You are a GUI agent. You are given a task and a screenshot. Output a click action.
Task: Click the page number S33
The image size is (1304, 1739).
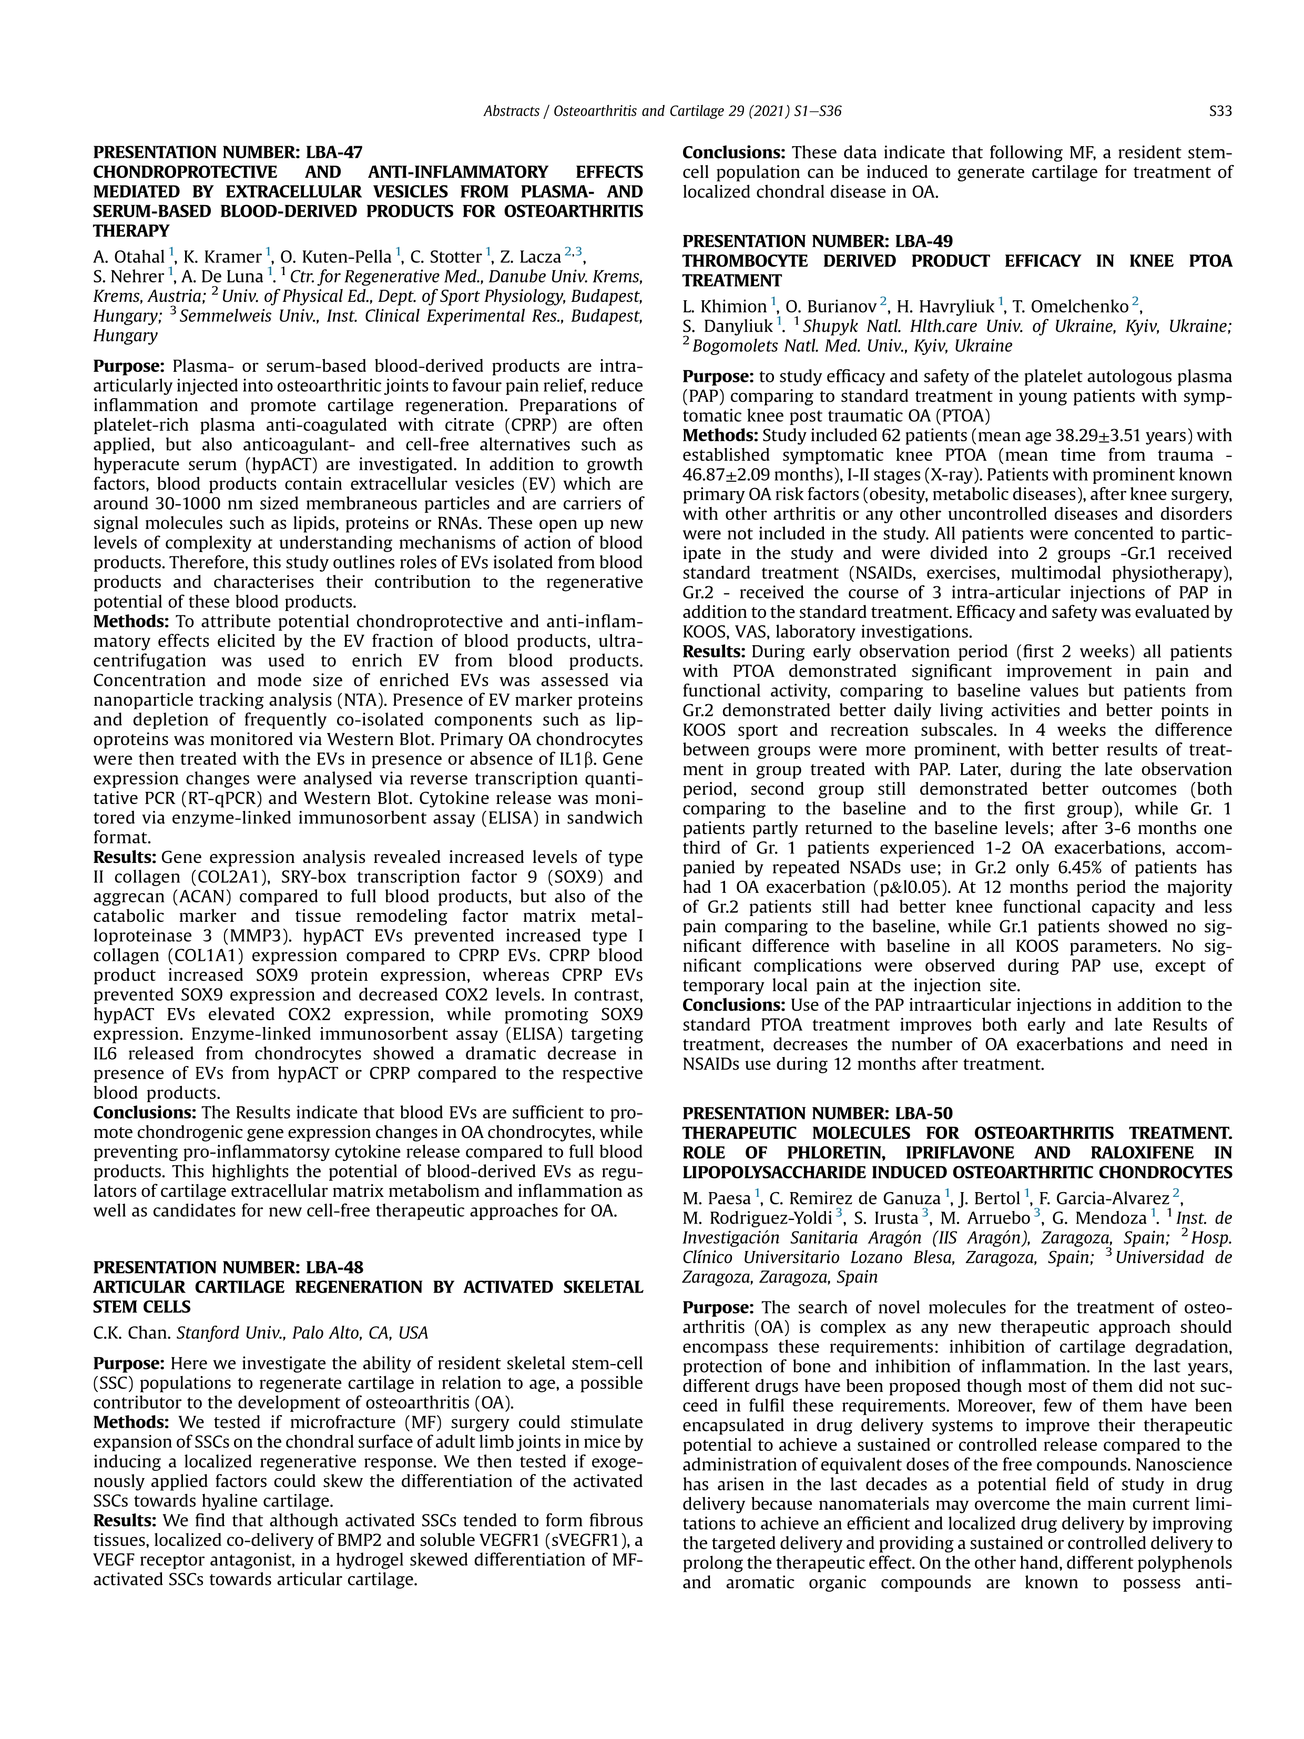1220,111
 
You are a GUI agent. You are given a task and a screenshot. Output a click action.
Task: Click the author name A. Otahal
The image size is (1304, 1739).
129,257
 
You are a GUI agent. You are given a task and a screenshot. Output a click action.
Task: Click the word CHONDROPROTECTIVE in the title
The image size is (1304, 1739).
186,172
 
